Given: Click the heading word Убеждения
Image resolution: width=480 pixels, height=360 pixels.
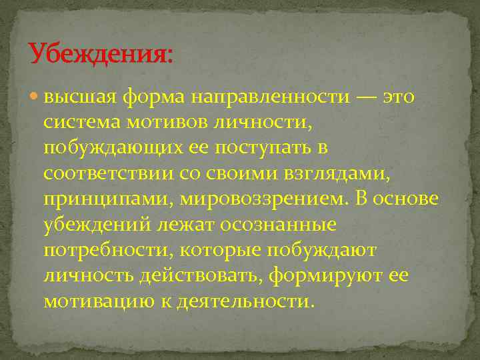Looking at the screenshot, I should tap(99, 53).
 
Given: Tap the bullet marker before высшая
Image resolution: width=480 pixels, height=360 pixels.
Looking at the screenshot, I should tap(35, 97).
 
